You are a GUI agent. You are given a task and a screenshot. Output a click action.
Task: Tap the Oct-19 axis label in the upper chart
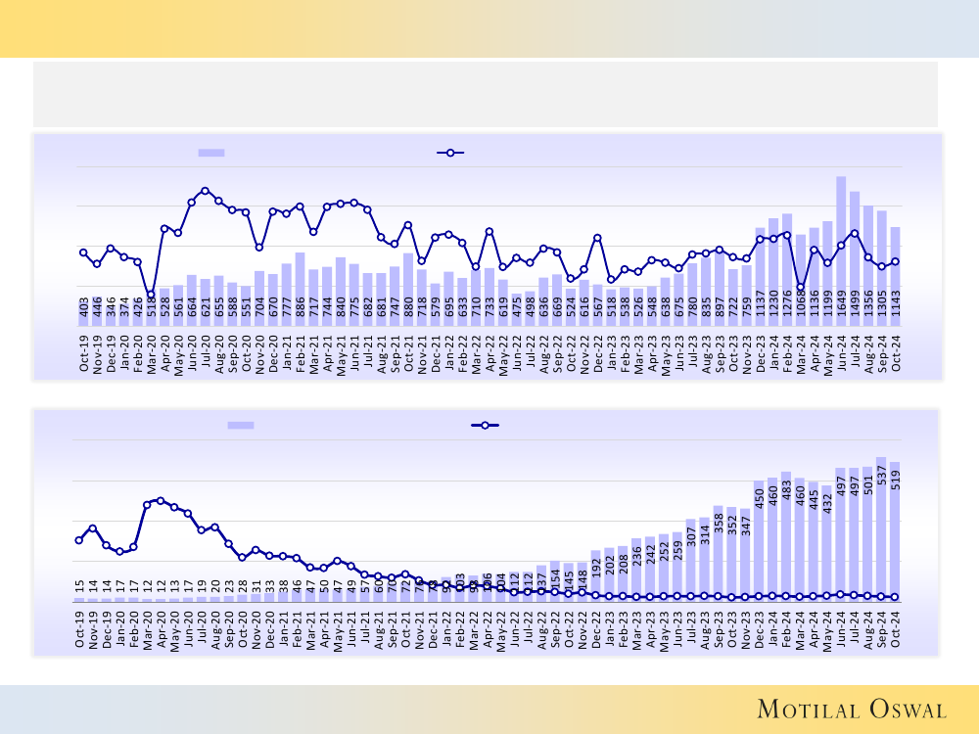pos(84,353)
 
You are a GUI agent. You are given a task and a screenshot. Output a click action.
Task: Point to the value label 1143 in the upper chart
pos(895,310)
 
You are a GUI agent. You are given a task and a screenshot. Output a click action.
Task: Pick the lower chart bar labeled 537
pos(881,528)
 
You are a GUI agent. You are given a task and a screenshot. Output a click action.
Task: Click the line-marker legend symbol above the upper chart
pos(449,153)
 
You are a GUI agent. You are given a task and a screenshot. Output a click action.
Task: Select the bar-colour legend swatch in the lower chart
pos(241,425)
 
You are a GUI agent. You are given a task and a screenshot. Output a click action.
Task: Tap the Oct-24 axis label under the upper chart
pos(895,353)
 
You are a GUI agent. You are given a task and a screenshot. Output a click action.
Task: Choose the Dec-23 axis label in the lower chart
pos(759,625)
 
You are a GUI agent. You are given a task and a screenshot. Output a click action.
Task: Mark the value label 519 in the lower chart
pos(895,481)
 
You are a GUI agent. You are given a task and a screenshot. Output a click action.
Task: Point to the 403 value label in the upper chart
pos(84,312)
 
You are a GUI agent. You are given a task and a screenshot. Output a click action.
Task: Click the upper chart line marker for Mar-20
pos(151,295)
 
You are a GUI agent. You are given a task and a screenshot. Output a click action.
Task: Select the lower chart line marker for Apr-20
pos(162,500)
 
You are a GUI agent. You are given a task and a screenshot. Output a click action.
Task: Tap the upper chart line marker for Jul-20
pos(205,191)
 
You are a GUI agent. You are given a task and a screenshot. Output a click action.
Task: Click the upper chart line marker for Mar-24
pos(800,287)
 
